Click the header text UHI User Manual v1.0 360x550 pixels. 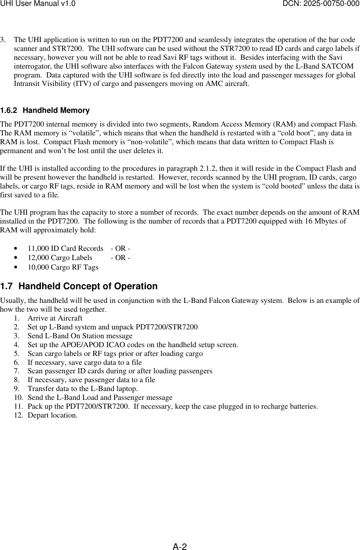38,4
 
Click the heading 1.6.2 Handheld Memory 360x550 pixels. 45,110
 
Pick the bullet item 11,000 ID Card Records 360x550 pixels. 65,249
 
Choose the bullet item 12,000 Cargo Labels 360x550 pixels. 60,258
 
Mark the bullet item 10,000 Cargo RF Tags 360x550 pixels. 63,267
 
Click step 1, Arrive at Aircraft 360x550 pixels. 55,318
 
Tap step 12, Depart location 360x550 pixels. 52,415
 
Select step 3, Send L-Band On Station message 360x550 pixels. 80,336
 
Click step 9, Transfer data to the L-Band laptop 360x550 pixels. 83,389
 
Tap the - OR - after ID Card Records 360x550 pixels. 120,249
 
